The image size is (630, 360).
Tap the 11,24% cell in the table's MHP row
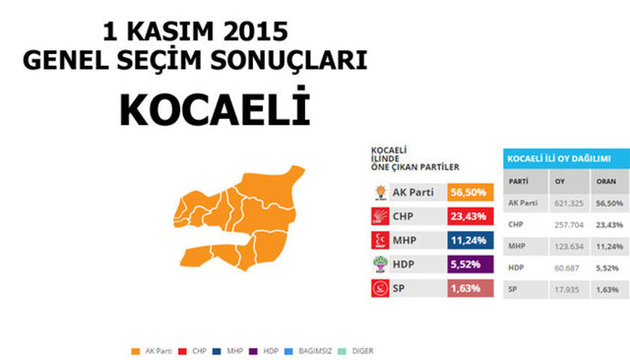(607, 245)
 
